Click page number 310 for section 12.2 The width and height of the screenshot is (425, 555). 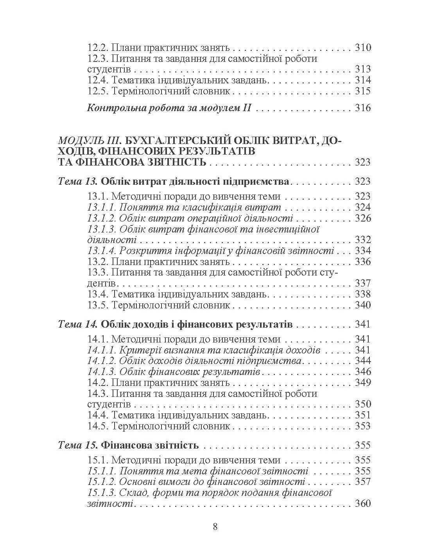(362, 48)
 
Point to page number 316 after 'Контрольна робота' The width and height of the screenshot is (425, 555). (362, 108)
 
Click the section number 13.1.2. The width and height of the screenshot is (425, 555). (101, 218)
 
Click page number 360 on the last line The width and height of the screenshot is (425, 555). (362, 503)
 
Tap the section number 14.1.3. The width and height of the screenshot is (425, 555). (101, 371)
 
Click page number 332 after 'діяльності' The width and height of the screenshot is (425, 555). (362, 240)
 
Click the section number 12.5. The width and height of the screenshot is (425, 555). (98, 91)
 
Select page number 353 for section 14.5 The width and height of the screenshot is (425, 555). (362, 426)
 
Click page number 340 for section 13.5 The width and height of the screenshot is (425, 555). (362, 305)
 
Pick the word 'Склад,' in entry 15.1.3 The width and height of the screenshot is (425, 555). (133, 493)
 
